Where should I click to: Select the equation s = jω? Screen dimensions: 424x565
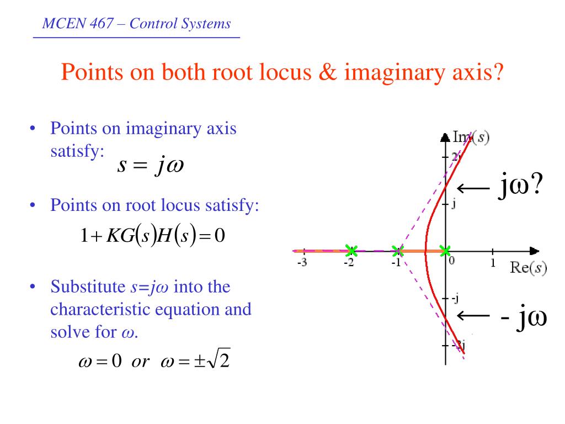click(x=150, y=166)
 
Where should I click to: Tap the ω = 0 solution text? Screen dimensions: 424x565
click(x=100, y=362)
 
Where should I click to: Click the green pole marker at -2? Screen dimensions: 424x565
click(x=350, y=251)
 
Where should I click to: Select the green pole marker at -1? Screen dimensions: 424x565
click(x=398, y=251)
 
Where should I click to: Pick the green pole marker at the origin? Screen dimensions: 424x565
click(x=445, y=251)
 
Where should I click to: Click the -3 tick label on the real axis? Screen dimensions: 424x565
click(x=302, y=263)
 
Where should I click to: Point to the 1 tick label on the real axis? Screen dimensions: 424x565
click(x=493, y=263)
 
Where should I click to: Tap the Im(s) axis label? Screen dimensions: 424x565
click(x=471, y=137)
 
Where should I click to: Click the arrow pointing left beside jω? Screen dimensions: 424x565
click(x=474, y=189)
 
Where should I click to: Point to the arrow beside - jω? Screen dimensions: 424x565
click(x=474, y=316)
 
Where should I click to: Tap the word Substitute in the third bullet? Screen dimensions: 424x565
click(x=88, y=287)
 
